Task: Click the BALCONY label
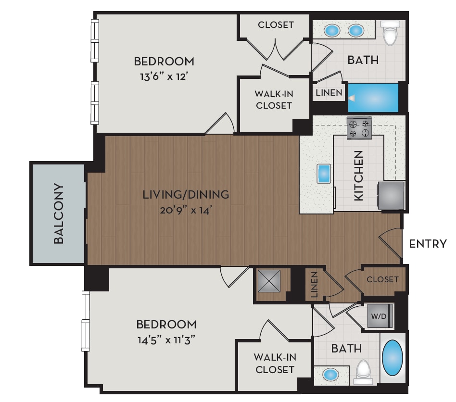pos(59,214)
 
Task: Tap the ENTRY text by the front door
pos(428,244)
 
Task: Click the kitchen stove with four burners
pos(359,127)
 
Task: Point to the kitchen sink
pos(324,174)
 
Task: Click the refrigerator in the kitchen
pos(391,196)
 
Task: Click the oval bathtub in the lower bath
pos(393,358)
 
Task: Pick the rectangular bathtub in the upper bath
pos(373,98)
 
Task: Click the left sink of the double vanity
pos(332,31)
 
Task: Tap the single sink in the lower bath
pos(329,374)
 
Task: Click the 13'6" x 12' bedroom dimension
pos(164,75)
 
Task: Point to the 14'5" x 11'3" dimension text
pos(166,339)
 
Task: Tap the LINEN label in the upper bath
pos(329,92)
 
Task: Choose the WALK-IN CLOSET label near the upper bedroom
pos(274,100)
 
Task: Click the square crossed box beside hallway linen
pos(269,281)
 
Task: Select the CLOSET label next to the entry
pos(382,279)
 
